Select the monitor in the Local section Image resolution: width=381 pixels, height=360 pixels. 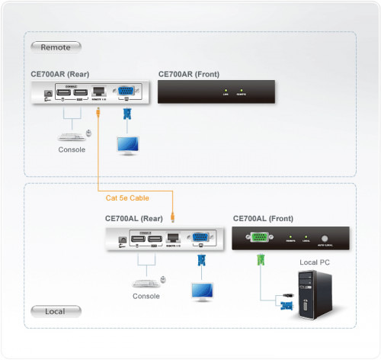pyautogui.click(x=202, y=290)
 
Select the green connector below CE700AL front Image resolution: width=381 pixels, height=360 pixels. pyautogui.click(x=261, y=259)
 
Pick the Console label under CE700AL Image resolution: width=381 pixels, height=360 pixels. pyautogui.click(x=146, y=296)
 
